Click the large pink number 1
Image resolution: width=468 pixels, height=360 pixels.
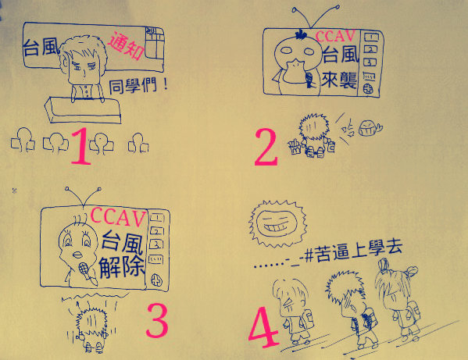click(x=81, y=146)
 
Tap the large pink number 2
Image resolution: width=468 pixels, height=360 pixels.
click(x=266, y=147)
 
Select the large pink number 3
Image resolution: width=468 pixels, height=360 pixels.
click(x=157, y=320)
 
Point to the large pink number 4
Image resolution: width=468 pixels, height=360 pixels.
click(x=263, y=327)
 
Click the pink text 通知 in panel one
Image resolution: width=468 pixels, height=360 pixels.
click(x=126, y=45)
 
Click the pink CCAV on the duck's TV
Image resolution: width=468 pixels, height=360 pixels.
click(x=335, y=36)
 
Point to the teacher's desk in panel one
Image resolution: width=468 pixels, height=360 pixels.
click(x=83, y=109)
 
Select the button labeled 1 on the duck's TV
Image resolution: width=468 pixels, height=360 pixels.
click(x=370, y=37)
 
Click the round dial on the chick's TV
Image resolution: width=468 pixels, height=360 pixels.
click(x=157, y=280)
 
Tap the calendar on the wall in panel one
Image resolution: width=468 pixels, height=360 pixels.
click(x=155, y=43)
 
